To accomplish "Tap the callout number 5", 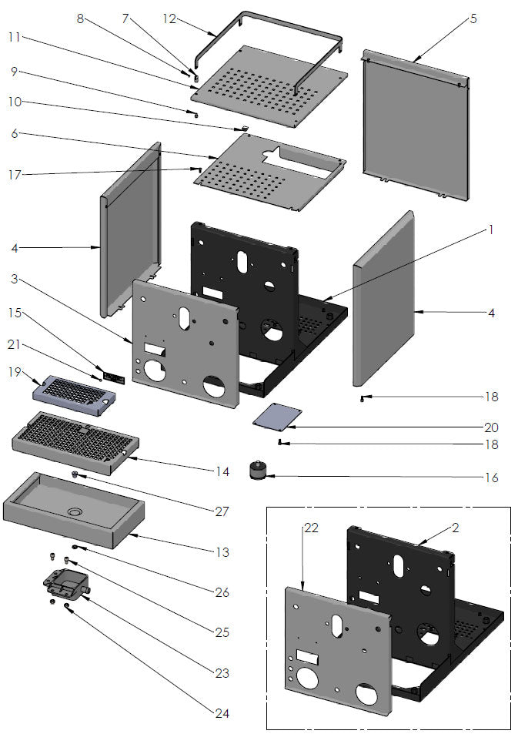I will [473, 18].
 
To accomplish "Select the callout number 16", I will [491, 478].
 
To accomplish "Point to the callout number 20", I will [491, 427].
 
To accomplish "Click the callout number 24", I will [222, 714].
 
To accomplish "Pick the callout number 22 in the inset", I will [311, 528].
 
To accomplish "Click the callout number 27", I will [222, 509].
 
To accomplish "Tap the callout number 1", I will [490, 230].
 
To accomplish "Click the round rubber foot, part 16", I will [256, 470].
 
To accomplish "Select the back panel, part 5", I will [416, 127].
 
